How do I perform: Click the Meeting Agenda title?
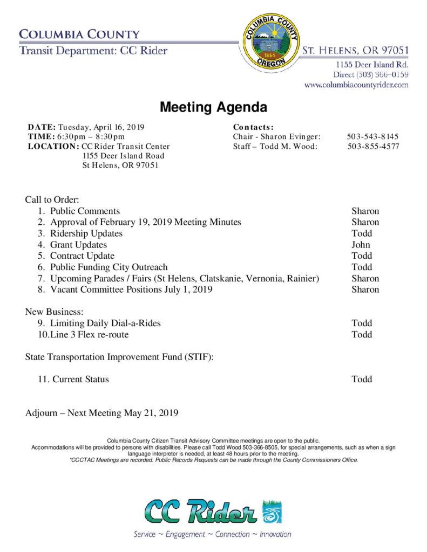point(213,107)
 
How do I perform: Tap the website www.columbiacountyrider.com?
point(356,85)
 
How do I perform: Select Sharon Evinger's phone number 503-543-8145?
point(372,137)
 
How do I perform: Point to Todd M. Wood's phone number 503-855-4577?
point(373,146)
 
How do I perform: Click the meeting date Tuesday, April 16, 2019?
point(101,127)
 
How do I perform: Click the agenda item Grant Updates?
point(78,245)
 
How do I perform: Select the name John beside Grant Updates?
point(361,245)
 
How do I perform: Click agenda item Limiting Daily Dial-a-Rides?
point(105,323)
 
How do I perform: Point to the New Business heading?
point(55,312)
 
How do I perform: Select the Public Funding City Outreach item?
point(109,267)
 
